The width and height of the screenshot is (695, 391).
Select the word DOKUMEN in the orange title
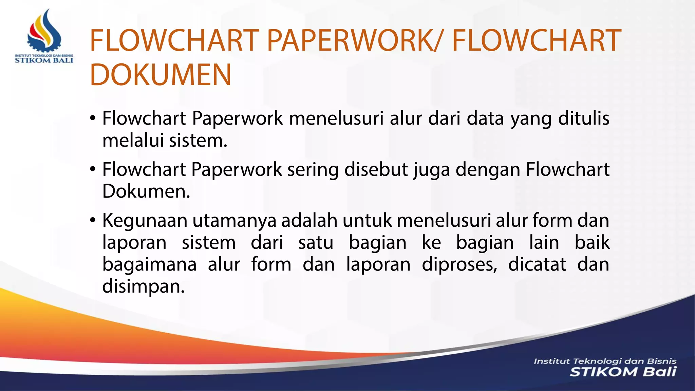(x=161, y=75)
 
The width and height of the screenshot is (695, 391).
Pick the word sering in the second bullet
(x=313, y=169)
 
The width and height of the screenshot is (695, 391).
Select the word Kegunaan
(x=145, y=221)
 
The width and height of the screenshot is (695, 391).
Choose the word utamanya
(x=234, y=221)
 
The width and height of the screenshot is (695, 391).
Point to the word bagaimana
(x=149, y=265)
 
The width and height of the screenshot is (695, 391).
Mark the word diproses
(x=459, y=265)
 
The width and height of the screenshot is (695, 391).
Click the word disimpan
(x=143, y=287)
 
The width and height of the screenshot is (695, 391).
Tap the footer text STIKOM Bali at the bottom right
(x=623, y=372)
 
